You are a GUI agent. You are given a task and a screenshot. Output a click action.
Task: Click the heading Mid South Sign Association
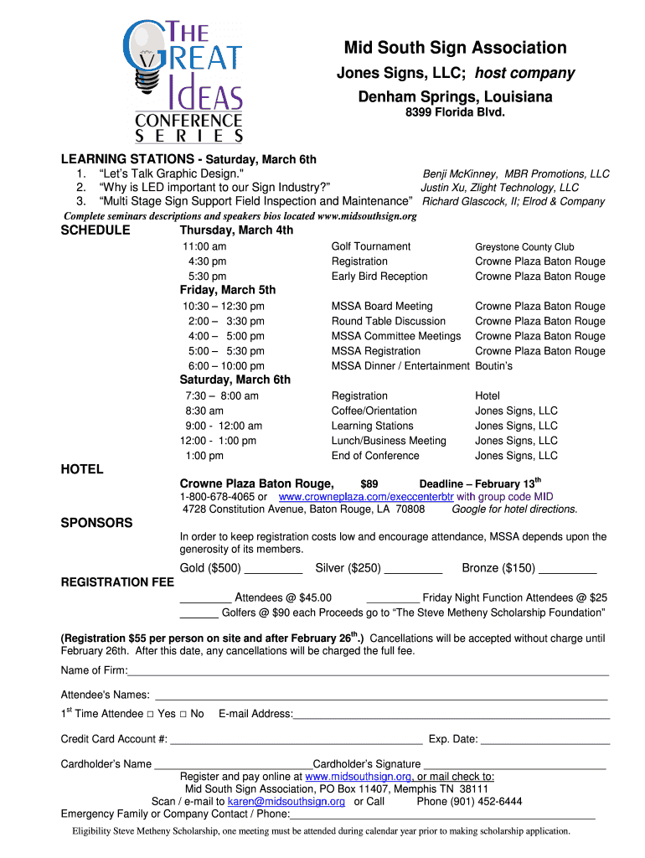click(x=456, y=48)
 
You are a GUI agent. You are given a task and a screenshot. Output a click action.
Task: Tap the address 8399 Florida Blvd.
click(x=456, y=112)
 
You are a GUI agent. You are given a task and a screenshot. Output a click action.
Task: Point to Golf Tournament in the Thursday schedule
click(x=371, y=246)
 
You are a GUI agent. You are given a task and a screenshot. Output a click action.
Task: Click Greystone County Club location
click(x=524, y=247)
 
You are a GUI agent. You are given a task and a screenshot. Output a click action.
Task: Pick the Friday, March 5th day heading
click(x=228, y=290)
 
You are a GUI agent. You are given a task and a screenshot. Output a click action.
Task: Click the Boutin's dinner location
click(x=494, y=366)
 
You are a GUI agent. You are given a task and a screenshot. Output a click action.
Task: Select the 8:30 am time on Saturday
click(x=204, y=411)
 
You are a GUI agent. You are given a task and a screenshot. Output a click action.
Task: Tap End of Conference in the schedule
click(x=375, y=456)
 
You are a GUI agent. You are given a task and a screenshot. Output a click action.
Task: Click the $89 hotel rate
click(x=369, y=484)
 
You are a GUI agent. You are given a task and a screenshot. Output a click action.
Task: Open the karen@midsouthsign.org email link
click(x=286, y=801)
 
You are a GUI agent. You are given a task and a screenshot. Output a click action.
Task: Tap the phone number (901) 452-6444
click(x=469, y=801)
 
